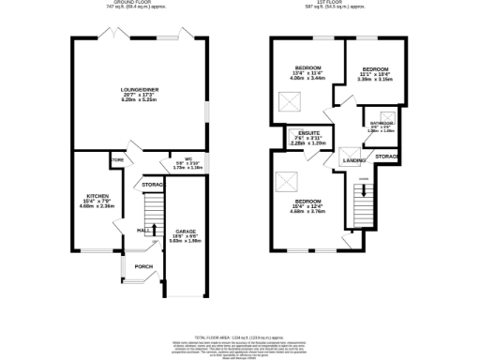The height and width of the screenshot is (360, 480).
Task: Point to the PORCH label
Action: (143, 266)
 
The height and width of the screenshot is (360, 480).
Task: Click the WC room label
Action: (187, 158)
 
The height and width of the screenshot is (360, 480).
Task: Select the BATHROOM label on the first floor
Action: (382, 124)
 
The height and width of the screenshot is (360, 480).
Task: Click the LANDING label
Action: (353, 160)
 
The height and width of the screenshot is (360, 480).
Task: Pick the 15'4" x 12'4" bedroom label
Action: (308, 202)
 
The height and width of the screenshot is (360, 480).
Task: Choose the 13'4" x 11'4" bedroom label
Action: (308, 68)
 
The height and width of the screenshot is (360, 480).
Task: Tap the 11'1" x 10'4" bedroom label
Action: (376, 69)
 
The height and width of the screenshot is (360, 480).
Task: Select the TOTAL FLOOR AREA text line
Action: (240, 336)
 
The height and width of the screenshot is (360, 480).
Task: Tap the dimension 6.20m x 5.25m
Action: (137, 99)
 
